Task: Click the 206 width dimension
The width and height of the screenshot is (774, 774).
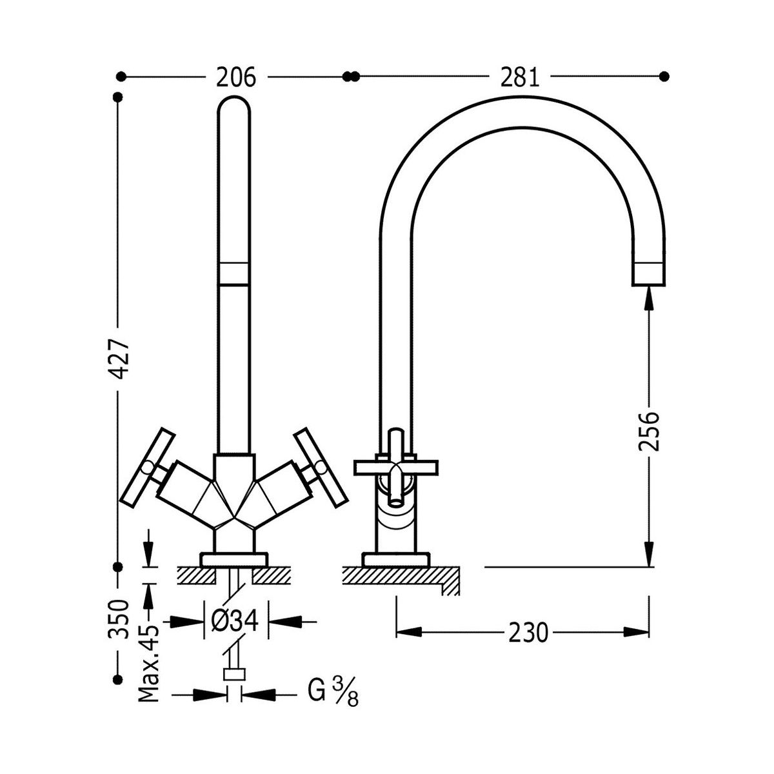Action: click(x=236, y=77)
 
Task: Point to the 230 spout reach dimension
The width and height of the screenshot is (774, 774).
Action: click(x=528, y=633)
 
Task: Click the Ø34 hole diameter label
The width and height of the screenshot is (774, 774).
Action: click(x=235, y=622)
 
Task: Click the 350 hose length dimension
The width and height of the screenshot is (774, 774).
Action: click(x=119, y=619)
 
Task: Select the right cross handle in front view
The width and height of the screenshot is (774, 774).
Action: click(x=321, y=465)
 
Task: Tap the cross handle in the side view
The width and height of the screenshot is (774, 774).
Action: click(x=396, y=466)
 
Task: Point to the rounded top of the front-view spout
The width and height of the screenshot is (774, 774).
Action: click(x=233, y=106)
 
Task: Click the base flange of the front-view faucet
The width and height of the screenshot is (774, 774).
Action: click(x=233, y=559)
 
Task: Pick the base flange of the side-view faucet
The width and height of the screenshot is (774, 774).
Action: click(x=395, y=559)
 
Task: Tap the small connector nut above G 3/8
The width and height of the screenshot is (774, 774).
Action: click(x=235, y=675)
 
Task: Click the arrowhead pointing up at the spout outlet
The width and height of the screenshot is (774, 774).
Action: click(x=649, y=294)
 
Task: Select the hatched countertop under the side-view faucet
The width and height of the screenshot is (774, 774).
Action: click(x=400, y=576)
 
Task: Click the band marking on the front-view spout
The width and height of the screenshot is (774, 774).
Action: click(x=233, y=273)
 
